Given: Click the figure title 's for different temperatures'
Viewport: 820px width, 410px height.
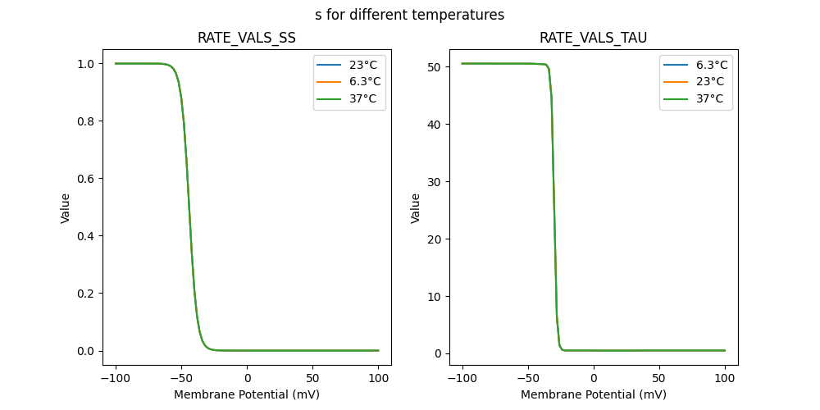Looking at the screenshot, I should [x=409, y=15].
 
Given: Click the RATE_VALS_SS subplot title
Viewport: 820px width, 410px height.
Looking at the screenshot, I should [x=246, y=38].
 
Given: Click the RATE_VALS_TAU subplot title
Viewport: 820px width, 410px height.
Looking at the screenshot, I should [x=593, y=38].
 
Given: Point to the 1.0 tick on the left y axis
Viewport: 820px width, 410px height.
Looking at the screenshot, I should [x=84, y=64].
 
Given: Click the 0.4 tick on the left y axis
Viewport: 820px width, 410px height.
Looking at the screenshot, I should [x=84, y=236].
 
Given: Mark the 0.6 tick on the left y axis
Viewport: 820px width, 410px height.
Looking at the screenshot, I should [x=84, y=179].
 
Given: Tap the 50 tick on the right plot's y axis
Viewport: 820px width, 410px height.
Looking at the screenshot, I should [x=435, y=67].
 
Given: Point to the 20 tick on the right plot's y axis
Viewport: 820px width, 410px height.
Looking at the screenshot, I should [x=435, y=239].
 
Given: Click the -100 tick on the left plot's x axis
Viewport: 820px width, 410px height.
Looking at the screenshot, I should [x=116, y=378].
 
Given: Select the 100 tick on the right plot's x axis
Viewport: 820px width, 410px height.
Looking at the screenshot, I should [x=725, y=378].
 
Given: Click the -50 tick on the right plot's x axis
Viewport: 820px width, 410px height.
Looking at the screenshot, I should [x=528, y=378].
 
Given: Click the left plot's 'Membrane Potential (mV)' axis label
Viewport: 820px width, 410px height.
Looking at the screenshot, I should [x=247, y=394].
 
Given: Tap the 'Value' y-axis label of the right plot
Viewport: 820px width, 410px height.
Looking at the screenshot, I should [x=416, y=208].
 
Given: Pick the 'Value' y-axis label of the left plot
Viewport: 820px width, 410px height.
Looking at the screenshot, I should [x=66, y=208].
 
